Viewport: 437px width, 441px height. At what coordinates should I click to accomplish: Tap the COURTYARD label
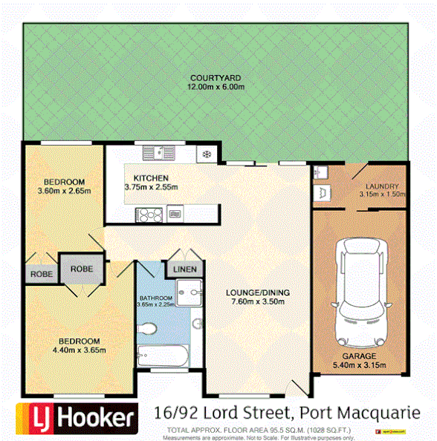tap(216, 78)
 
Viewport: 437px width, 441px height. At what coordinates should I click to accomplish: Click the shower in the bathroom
tap(189, 293)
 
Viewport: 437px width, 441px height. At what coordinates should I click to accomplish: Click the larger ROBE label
tap(81, 269)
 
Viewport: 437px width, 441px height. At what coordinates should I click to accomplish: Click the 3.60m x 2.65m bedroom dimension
tap(63, 191)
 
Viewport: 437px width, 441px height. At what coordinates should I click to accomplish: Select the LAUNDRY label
tap(383, 186)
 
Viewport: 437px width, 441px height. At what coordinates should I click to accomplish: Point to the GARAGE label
tap(359, 356)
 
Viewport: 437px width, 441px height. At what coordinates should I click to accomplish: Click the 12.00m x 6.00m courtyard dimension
tap(216, 87)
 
